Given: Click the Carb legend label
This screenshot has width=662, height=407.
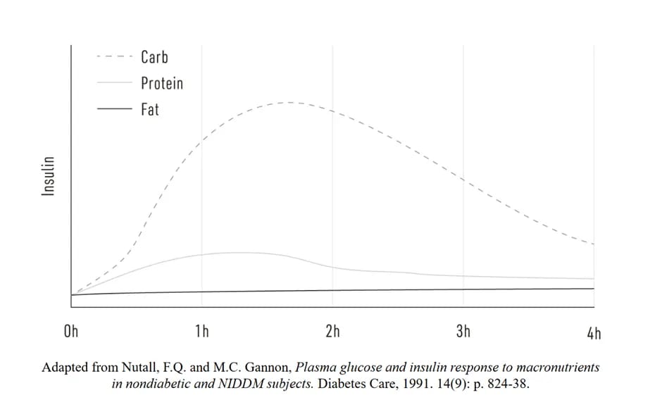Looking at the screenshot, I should coord(154,57).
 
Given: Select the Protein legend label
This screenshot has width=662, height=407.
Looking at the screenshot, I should coord(161,83).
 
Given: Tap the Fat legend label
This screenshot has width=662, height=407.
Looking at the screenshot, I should coord(150,109).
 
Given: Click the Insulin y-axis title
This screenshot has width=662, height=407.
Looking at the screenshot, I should coord(49,176).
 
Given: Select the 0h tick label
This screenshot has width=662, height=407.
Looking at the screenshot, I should coord(71,332).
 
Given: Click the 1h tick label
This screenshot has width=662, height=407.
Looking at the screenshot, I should coord(202,332).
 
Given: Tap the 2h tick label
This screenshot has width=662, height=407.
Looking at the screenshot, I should coord(332,332).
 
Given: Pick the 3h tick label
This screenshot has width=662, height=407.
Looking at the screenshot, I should coord(463,332).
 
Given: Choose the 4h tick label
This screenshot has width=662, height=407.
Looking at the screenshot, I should coord(594,332).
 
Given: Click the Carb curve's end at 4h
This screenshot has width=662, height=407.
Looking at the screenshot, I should coord(593,244).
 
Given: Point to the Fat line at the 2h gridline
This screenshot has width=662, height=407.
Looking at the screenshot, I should coord(332,290).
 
